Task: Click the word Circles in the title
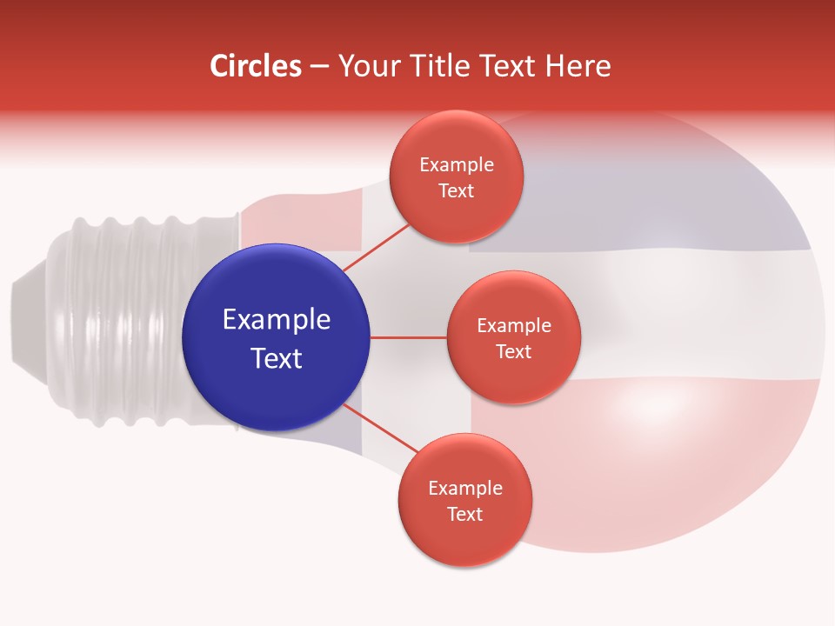pos(255,66)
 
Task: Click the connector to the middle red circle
pos(408,337)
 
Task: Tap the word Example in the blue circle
pos(277,320)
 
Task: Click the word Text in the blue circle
pos(277,358)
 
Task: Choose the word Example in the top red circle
pos(457,164)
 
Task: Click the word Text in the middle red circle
pos(513,352)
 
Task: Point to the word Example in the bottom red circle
pos(465,488)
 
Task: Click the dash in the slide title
pos(319,66)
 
